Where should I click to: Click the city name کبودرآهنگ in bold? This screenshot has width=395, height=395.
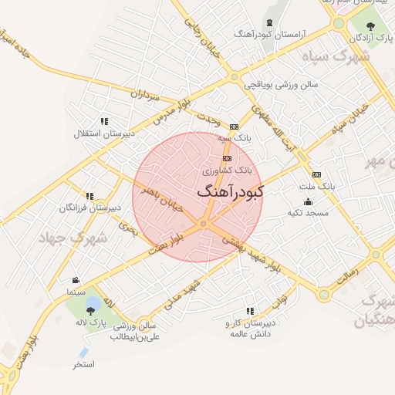coord(230,191)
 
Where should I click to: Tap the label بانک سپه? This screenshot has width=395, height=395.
coord(234,137)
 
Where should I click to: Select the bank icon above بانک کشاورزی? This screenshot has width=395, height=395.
coord(226,158)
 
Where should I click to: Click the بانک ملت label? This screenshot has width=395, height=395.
coord(316,186)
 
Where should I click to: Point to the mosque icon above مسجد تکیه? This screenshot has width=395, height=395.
coord(308,201)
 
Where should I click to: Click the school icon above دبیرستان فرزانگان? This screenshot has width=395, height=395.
coord(89,197)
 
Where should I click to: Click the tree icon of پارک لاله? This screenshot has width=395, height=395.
coord(92,310)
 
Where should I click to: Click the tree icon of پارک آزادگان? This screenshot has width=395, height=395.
coord(371,26)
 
